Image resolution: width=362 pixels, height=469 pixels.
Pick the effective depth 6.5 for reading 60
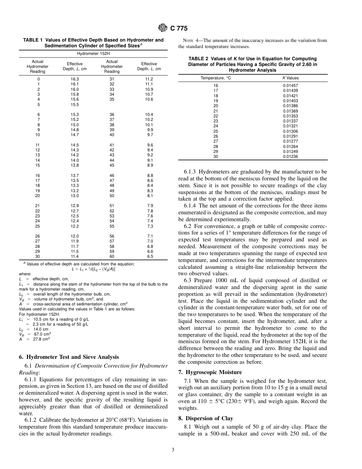pyautogui.click(x=150, y=257)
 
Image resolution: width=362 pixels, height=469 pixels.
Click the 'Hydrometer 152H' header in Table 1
pyautogui.click(x=93, y=54)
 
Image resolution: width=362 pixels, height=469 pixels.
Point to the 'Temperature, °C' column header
pyautogui.click(x=216, y=78)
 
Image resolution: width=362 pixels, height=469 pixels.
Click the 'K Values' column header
pyautogui.click(x=290, y=78)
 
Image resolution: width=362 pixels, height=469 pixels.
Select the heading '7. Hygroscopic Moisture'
pyautogui.click(x=210, y=372)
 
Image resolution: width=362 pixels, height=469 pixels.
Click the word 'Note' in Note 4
pyautogui.click(x=188, y=40)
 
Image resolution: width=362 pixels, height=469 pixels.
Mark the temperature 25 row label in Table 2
pyautogui.click(x=216, y=131)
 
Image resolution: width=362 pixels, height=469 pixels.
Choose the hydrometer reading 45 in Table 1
pyautogui.click(x=112, y=165)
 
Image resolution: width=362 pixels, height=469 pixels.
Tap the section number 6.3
pyautogui.click(x=189, y=281)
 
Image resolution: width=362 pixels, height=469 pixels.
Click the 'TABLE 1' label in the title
pyautogui.click(x=35, y=40)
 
